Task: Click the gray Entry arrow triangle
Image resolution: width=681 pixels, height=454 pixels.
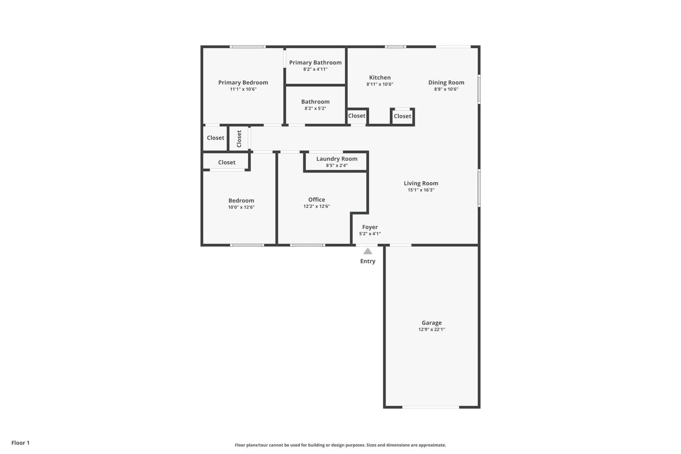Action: tap(368, 251)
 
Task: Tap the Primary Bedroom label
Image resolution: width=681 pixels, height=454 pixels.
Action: tap(243, 82)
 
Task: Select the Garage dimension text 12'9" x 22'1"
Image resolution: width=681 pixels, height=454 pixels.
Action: tap(431, 329)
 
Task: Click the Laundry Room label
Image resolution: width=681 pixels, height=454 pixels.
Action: tap(337, 159)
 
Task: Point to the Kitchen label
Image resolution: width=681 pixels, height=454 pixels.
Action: tap(380, 78)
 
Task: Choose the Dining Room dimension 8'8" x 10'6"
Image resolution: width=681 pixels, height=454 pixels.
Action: tap(446, 89)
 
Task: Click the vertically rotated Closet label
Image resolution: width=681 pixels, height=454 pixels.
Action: tap(239, 139)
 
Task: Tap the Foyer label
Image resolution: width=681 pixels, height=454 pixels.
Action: tap(370, 227)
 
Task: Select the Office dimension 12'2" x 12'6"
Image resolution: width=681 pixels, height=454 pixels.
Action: tap(317, 206)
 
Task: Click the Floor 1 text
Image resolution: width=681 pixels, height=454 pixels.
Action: tap(20, 443)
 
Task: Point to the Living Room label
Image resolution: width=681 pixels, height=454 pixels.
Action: tap(421, 184)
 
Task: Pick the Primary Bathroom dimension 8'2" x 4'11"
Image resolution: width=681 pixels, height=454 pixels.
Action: tap(315, 69)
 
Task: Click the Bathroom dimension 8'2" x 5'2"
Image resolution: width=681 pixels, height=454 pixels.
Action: tap(315, 108)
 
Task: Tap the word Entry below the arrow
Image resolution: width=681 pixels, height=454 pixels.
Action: tap(368, 261)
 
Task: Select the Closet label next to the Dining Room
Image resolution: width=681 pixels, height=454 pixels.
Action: tap(403, 116)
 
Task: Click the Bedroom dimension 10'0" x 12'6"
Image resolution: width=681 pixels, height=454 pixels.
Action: tap(241, 207)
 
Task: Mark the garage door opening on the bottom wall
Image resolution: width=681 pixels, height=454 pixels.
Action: tap(431, 407)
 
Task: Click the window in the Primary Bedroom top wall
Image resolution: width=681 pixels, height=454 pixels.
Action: tap(247, 47)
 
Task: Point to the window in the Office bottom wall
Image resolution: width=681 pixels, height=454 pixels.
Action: tap(307, 245)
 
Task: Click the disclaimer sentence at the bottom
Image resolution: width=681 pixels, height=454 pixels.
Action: tap(340, 445)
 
